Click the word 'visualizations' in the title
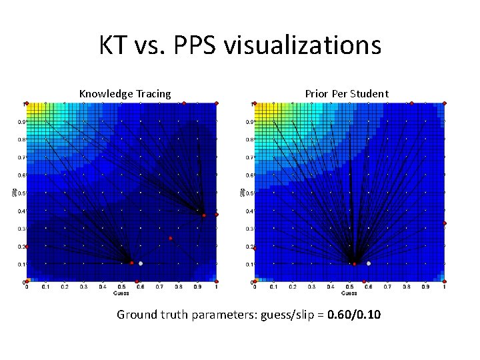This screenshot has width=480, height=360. click(x=303, y=45)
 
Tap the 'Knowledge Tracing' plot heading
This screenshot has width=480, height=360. click(x=125, y=94)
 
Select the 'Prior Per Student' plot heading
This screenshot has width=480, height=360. click(x=347, y=94)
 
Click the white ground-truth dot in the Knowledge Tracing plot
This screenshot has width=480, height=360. click(x=141, y=263)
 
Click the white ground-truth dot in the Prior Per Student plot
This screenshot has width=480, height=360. click(x=369, y=263)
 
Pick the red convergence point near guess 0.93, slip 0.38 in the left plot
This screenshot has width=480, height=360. click(x=205, y=215)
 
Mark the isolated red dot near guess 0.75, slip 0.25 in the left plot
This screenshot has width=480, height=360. click(x=171, y=238)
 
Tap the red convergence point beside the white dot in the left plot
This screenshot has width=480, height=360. click(x=131, y=263)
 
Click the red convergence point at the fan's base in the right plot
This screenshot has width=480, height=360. click(x=355, y=264)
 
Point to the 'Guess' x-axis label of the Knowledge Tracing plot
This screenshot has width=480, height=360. click(x=121, y=293)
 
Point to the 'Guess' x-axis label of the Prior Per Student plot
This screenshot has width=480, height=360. click(x=350, y=293)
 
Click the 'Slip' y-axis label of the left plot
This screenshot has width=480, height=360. click(x=14, y=193)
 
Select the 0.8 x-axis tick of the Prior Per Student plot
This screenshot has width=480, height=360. click(x=406, y=287)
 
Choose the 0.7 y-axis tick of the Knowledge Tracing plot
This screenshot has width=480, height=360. click(x=21, y=158)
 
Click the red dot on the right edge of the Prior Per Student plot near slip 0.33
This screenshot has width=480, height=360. click(x=445, y=223)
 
